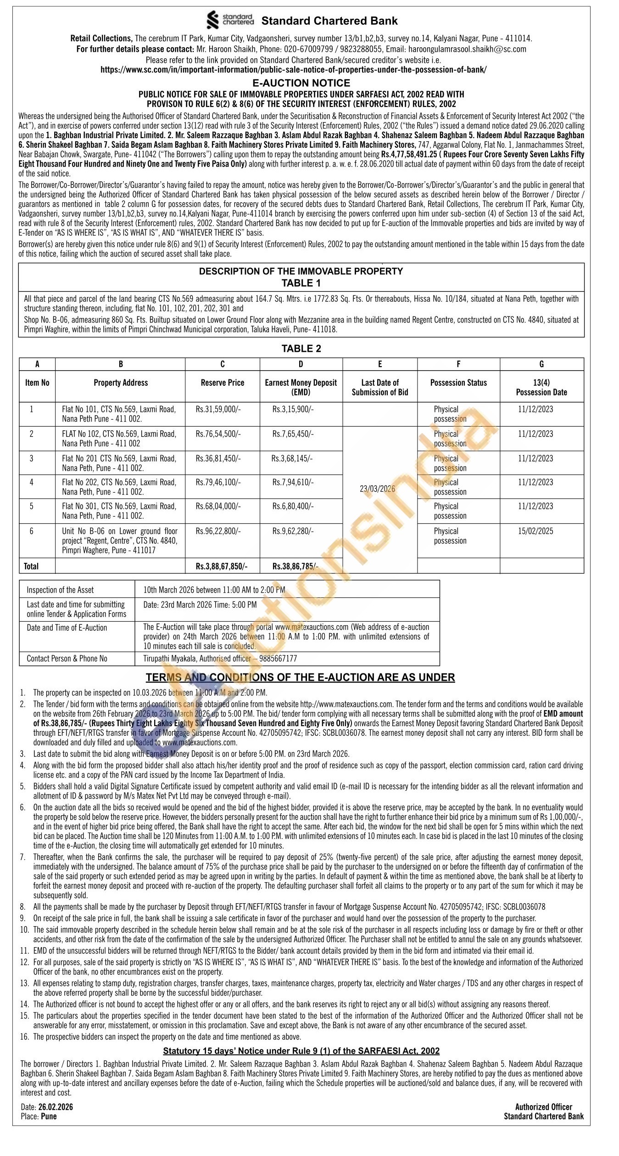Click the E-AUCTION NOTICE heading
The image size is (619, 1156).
point(301,83)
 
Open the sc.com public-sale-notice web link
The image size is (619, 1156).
point(293,70)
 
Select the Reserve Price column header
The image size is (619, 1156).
point(223,383)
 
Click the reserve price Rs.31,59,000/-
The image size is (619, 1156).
point(218,409)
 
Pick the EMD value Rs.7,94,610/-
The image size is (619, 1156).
point(293,482)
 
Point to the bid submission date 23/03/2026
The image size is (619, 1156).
point(378,489)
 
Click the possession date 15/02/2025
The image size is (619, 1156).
point(535,531)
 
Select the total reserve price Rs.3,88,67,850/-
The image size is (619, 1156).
point(222,566)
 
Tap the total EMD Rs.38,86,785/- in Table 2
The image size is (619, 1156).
point(295,566)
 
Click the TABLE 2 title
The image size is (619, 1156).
point(301,349)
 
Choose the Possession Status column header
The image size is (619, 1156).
point(458,383)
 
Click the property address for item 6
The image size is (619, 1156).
point(120,540)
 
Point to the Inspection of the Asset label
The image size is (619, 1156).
point(60,590)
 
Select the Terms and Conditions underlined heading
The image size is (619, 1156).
point(300,678)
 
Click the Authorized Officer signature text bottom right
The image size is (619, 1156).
point(543,1107)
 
